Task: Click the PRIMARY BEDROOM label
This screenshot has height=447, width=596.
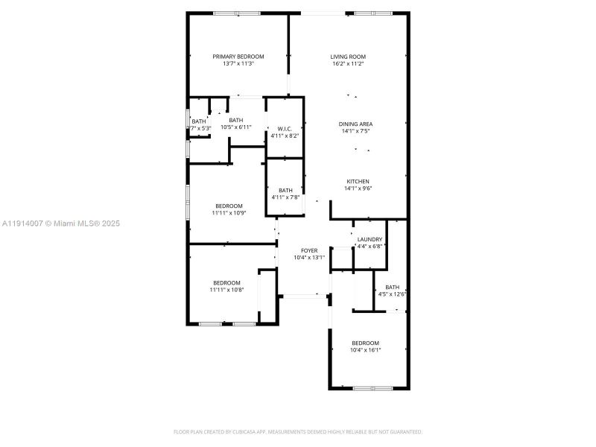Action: point(238,57)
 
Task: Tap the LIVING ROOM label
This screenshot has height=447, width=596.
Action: point(348,57)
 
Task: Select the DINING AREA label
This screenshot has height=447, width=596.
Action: point(355,124)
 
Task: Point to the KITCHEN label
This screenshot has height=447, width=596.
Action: point(358,181)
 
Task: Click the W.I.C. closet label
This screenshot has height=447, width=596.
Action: point(284,129)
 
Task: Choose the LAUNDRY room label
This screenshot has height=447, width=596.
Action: point(370,239)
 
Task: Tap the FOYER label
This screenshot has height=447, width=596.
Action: point(309,250)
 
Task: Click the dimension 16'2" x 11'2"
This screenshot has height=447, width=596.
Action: point(348,64)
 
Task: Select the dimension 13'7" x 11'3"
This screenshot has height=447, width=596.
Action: point(238,64)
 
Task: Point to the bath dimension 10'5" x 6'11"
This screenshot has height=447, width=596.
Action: point(235,127)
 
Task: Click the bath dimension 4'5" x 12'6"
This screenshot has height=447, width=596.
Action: point(392,294)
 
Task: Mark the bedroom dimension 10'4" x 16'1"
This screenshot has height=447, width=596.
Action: point(366,349)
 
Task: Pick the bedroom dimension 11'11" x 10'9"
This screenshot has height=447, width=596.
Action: point(229,213)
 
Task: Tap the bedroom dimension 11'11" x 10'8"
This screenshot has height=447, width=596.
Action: point(226,290)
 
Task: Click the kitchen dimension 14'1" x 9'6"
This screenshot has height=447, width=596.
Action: point(358,188)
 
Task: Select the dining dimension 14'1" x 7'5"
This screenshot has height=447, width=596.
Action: point(355,131)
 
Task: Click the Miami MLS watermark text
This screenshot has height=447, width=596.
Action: point(61,223)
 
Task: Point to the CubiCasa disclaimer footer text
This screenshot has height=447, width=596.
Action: point(298,431)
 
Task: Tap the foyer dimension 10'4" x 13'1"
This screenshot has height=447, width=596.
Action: point(309,258)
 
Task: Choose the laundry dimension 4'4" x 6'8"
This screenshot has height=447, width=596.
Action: point(370,247)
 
